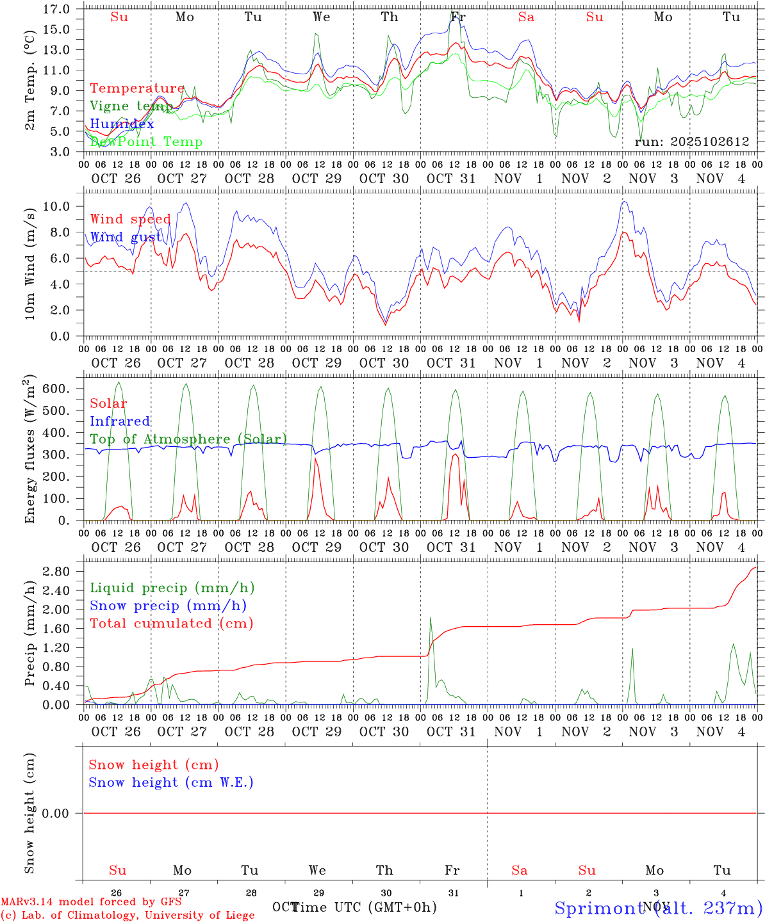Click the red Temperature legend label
pyautogui.click(x=137, y=88)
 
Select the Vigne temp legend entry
pyautogui.click(x=131, y=106)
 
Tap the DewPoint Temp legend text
pyautogui.click(x=146, y=142)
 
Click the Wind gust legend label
pyautogui.click(x=126, y=237)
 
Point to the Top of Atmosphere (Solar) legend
pyautogui.click(x=188, y=439)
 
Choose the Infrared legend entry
pyautogui.click(x=120, y=421)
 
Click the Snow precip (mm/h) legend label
pyautogui.click(x=168, y=605)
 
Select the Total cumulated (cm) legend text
pyautogui.click(x=171, y=623)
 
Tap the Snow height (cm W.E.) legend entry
pyautogui.click(x=171, y=782)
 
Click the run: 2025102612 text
pyautogui.click(x=691, y=142)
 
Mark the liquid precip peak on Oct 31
pyautogui.click(x=431, y=617)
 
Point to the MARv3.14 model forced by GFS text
pyautogui.click(x=91, y=902)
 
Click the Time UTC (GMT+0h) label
pyautogui.click(x=364, y=907)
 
